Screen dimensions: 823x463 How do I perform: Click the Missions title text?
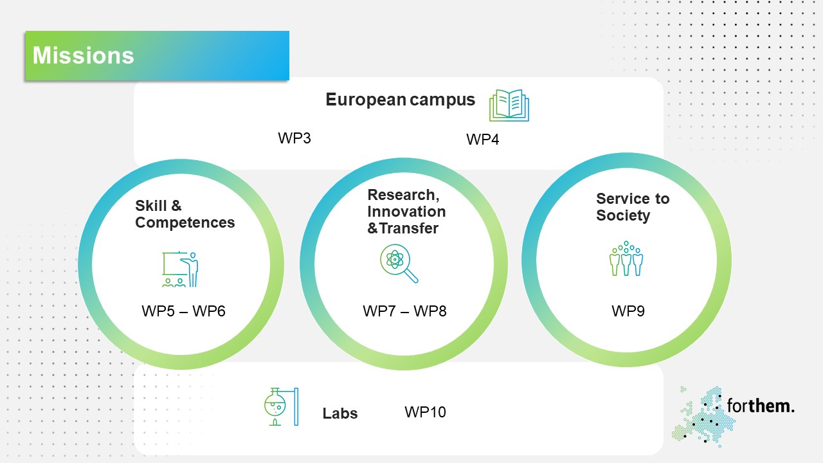tap(84, 55)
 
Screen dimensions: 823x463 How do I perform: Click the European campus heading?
tap(400, 100)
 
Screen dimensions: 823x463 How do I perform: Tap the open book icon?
tap(509, 105)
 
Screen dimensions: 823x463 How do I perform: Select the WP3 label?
tap(294, 138)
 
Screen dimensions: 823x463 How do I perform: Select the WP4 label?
tap(482, 140)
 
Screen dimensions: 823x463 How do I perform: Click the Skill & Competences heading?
tap(185, 214)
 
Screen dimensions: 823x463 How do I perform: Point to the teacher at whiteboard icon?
tap(181, 269)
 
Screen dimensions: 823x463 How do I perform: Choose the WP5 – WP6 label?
tap(183, 311)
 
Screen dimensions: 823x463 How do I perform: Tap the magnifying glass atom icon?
tap(399, 264)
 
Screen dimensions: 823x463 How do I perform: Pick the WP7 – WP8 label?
tap(404, 311)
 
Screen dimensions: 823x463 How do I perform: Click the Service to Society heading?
tap(633, 207)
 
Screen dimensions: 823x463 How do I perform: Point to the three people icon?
tap(626, 259)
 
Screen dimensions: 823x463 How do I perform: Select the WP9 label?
tap(628, 311)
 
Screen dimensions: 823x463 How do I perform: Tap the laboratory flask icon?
tap(282, 407)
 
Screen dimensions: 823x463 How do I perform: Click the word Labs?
tap(340, 413)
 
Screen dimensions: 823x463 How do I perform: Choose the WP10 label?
tap(425, 412)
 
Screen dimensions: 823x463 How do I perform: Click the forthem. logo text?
tap(761, 406)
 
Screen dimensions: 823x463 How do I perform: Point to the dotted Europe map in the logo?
tap(703, 417)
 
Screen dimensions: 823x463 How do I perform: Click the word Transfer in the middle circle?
tap(408, 228)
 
